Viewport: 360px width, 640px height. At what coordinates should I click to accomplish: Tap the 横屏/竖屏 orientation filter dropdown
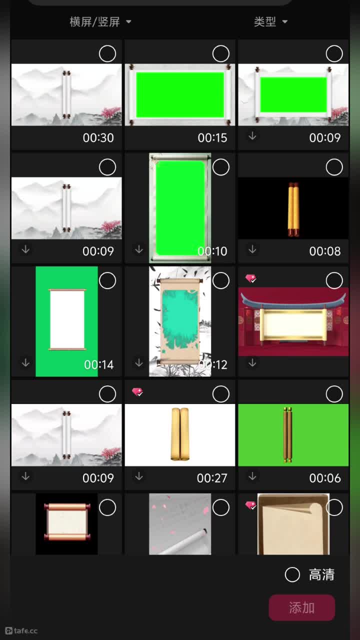[100, 21]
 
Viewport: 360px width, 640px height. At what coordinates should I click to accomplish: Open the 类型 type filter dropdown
[270, 21]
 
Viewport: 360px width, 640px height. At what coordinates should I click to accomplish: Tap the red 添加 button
[301, 607]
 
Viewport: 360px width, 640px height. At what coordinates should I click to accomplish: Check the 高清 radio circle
[292, 574]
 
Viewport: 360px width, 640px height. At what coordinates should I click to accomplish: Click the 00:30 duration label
[98, 137]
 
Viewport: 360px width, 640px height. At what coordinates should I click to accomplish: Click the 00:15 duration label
[212, 137]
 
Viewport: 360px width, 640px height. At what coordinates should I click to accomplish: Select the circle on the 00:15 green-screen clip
[221, 53]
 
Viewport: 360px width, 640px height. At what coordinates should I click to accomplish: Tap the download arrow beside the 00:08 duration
[252, 249]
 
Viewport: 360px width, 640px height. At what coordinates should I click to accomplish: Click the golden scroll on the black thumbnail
[293, 209]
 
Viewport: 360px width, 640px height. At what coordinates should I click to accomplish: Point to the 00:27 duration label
[212, 478]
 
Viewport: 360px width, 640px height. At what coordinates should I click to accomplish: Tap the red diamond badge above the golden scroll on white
[137, 391]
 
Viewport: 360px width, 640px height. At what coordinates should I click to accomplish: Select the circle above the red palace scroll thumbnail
[334, 280]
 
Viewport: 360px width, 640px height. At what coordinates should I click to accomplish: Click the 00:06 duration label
[325, 478]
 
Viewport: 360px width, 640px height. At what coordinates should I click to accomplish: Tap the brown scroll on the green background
[287, 435]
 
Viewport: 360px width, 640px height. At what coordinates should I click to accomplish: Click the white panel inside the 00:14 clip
[67, 319]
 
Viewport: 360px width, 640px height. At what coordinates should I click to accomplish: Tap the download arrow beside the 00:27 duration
[139, 476]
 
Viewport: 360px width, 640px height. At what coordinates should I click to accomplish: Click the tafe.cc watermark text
[25, 631]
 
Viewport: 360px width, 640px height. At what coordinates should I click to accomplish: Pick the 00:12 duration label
[213, 364]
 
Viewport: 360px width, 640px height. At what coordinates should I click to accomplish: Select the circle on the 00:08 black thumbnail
[334, 167]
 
